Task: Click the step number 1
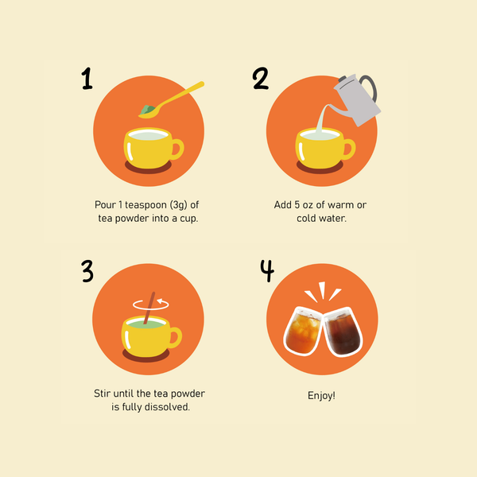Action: coord(87,79)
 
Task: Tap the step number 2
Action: coord(261,79)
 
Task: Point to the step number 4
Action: coord(267,271)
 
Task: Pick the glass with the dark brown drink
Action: coord(341,333)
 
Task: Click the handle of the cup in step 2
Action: coord(349,149)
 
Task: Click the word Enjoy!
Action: coord(321,395)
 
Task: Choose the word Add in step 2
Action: coord(283,205)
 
